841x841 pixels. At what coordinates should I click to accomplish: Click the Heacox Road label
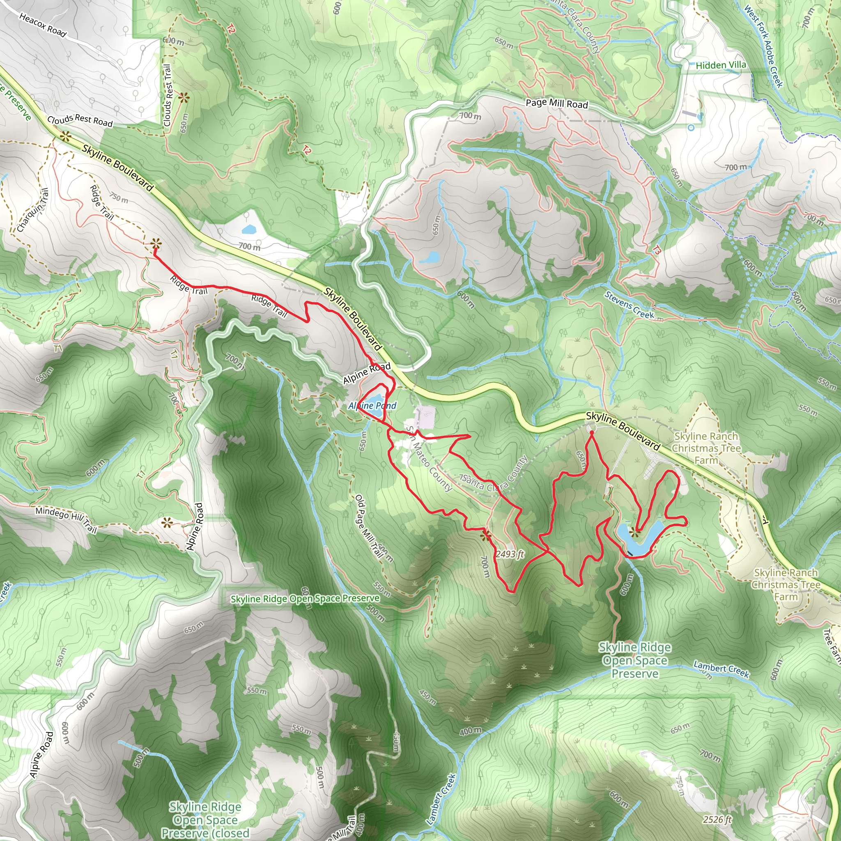tap(43, 25)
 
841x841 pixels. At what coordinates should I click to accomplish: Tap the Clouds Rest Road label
tap(80, 120)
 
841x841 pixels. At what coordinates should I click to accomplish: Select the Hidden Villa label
tap(720, 65)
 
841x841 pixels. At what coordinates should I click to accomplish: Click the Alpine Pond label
tap(372, 406)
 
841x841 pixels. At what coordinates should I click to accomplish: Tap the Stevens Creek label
tap(629, 305)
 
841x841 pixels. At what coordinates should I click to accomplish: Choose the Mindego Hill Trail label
tap(66, 519)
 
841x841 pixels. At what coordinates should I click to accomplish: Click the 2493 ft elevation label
tap(509, 554)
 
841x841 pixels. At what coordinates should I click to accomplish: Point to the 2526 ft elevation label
tap(717, 820)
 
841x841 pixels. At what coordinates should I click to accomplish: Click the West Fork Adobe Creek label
tap(764, 46)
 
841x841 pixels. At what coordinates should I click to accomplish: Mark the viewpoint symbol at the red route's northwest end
tap(155, 244)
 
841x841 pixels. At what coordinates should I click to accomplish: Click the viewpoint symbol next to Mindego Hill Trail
tap(166, 522)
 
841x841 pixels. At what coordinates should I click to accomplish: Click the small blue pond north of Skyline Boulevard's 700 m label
tap(249, 229)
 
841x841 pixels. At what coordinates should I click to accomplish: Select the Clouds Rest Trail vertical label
tap(168, 95)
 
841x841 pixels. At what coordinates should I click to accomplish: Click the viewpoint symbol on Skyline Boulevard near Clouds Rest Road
tap(66, 137)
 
